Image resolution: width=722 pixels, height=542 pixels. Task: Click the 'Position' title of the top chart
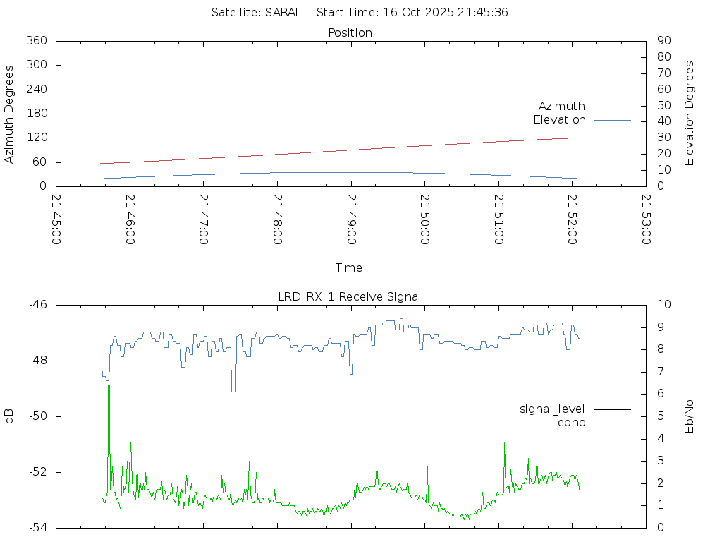tap(350, 32)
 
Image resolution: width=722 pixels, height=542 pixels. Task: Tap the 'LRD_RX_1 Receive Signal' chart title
tap(350, 296)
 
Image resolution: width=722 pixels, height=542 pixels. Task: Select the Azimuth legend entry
tap(562, 106)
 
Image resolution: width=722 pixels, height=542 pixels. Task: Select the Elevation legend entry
tap(559, 119)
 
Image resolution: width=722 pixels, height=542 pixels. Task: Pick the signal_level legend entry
tap(552, 409)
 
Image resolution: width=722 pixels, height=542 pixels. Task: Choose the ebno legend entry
tap(571, 422)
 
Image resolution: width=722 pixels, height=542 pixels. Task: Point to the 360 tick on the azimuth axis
tap(37, 41)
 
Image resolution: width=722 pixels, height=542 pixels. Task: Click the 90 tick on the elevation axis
tap(662, 41)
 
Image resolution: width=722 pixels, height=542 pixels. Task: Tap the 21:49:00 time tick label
tap(351, 219)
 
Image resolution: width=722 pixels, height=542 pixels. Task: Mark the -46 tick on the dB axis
tap(38, 305)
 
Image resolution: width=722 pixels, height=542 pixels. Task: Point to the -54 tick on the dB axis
tap(38, 527)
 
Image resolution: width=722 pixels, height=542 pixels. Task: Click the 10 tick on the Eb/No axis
tap(663, 305)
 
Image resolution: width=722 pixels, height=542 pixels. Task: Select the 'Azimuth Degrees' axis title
tap(9, 114)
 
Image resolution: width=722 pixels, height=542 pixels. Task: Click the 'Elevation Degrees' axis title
tap(690, 113)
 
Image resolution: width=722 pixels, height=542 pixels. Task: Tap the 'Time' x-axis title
tap(349, 267)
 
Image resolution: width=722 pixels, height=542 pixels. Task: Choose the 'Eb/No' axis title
tap(690, 416)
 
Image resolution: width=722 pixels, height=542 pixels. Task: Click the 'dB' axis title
tap(9, 416)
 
